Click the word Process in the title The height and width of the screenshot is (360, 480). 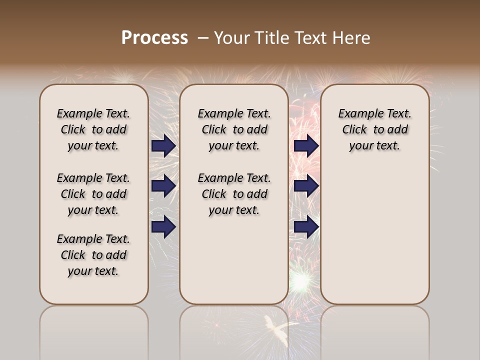click(154, 37)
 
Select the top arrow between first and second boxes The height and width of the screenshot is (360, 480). click(163, 145)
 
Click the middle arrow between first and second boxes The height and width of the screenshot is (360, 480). click(163, 186)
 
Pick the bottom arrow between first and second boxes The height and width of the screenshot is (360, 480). click(163, 227)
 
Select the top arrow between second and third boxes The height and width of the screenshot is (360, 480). click(306, 145)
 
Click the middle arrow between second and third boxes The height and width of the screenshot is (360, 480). click(306, 186)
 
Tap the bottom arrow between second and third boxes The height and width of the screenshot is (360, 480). click(306, 227)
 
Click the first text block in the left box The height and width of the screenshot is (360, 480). click(93, 129)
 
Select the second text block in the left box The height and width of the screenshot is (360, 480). click(93, 194)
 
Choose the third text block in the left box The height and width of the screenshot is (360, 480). click(93, 255)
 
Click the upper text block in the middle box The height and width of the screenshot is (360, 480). click(234, 129)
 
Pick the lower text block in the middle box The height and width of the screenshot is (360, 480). click(234, 194)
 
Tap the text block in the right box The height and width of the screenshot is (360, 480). click(374, 129)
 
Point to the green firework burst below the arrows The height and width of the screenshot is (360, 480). click(300, 281)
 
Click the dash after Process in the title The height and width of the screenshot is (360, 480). click(202, 37)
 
